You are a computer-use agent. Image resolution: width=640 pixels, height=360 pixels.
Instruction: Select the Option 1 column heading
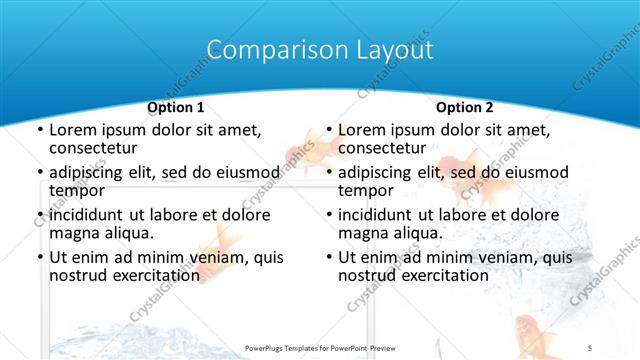coord(176,107)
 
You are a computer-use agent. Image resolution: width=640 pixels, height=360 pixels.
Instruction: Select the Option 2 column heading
coord(465,107)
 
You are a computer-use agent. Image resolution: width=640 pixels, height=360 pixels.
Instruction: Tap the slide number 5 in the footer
coord(591,346)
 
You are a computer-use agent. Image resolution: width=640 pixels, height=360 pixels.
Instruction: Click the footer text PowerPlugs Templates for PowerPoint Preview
coord(319,346)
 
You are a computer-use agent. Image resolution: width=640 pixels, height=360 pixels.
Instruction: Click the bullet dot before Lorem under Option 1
coord(39,130)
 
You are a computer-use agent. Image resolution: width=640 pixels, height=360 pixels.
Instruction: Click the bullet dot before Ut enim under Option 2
coord(328,257)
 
